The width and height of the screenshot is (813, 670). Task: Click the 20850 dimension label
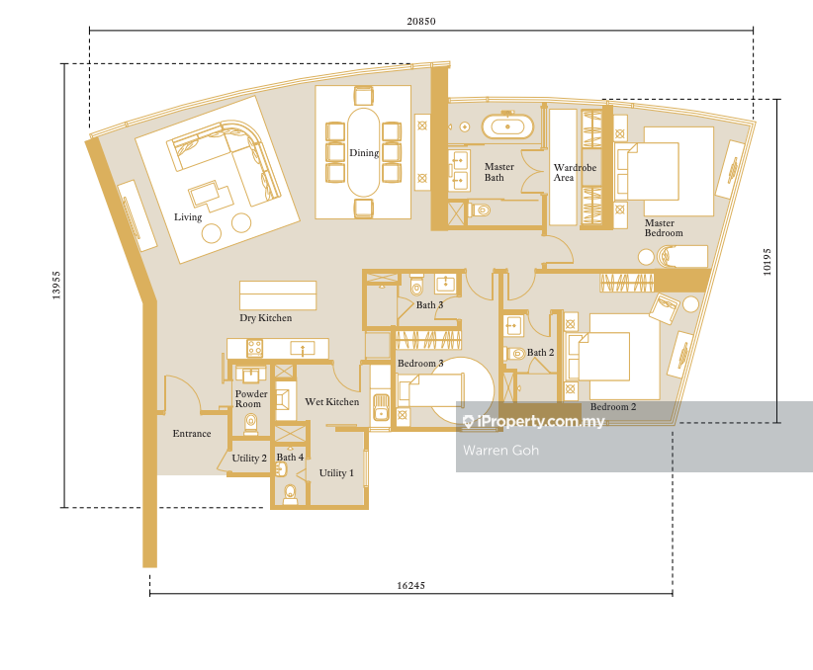pyautogui.click(x=421, y=21)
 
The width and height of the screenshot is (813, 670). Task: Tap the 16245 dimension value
pyautogui.click(x=410, y=586)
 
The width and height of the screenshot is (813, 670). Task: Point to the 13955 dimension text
pyautogui.click(x=56, y=285)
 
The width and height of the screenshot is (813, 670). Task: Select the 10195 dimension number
pyautogui.click(x=767, y=262)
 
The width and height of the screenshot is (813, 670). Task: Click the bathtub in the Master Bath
pyautogui.click(x=507, y=126)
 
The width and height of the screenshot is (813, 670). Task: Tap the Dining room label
pyautogui.click(x=364, y=153)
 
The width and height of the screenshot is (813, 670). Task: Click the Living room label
pyautogui.click(x=188, y=217)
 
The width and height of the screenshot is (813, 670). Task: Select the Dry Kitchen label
pyautogui.click(x=265, y=317)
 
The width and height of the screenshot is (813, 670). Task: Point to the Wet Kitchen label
pyautogui.click(x=332, y=401)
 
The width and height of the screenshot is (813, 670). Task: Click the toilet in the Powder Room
pyautogui.click(x=251, y=423)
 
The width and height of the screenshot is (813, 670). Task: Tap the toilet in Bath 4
pyautogui.click(x=291, y=494)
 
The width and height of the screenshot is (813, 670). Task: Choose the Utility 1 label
pyautogui.click(x=336, y=472)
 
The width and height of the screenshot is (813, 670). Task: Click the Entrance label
pyautogui.click(x=192, y=434)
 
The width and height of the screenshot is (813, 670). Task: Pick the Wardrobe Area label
pyautogui.click(x=575, y=173)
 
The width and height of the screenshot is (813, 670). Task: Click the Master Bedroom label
pyautogui.click(x=664, y=228)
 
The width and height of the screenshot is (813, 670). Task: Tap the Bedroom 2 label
pyautogui.click(x=613, y=407)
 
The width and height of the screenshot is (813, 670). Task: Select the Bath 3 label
pyautogui.click(x=430, y=304)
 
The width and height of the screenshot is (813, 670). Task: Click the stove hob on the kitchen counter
pyautogui.click(x=254, y=348)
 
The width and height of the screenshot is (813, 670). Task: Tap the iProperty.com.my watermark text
pyautogui.click(x=534, y=421)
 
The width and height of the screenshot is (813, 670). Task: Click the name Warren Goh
pyautogui.click(x=500, y=451)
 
